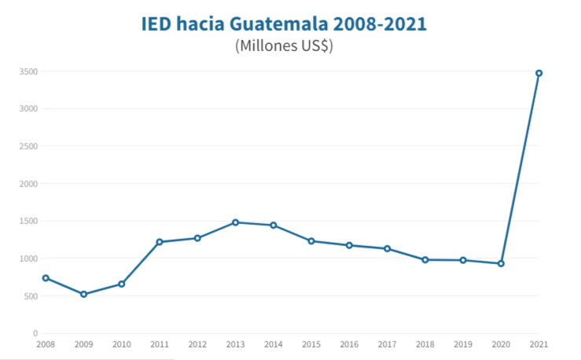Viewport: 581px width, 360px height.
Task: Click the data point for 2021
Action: coord(539,73)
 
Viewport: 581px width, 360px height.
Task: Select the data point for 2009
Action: coord(83,294)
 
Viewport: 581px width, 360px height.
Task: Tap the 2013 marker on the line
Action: coord(235,222)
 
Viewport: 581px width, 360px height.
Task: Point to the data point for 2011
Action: coord(160,242)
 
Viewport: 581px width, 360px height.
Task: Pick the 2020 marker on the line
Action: coord(501,263)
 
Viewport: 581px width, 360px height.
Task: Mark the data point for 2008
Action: coord(46,277)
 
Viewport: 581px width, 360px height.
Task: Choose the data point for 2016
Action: coord(349,245)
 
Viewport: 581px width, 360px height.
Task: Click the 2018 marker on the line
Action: coord(425,259)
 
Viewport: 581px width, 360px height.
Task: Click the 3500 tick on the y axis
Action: coord(28,72)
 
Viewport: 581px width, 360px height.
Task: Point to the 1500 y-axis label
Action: coord(28,222)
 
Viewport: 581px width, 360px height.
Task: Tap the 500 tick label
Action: coord(31,296)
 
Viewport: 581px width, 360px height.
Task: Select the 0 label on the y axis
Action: coord(35,333)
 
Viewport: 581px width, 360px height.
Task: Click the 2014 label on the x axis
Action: coord(273,345)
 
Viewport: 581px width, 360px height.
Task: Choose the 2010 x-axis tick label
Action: coord(121,345)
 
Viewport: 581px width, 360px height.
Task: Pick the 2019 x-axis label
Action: coord(463,345)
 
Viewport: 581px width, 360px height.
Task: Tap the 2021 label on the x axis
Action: coord(539,345)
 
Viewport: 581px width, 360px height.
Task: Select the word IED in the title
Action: coord(156,24)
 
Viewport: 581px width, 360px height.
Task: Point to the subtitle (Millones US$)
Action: coord(284,46)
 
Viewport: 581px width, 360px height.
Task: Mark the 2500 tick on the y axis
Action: coord(28,146)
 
